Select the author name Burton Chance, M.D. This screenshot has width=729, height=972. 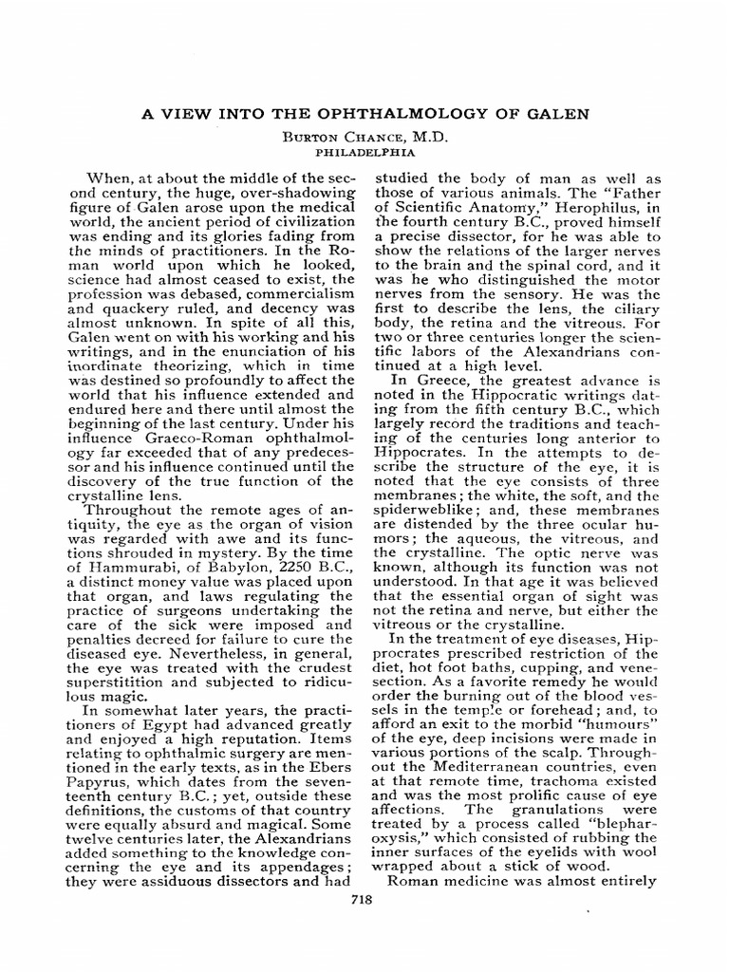coord(364,137)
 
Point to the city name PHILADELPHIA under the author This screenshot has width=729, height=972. coord(364,150)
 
